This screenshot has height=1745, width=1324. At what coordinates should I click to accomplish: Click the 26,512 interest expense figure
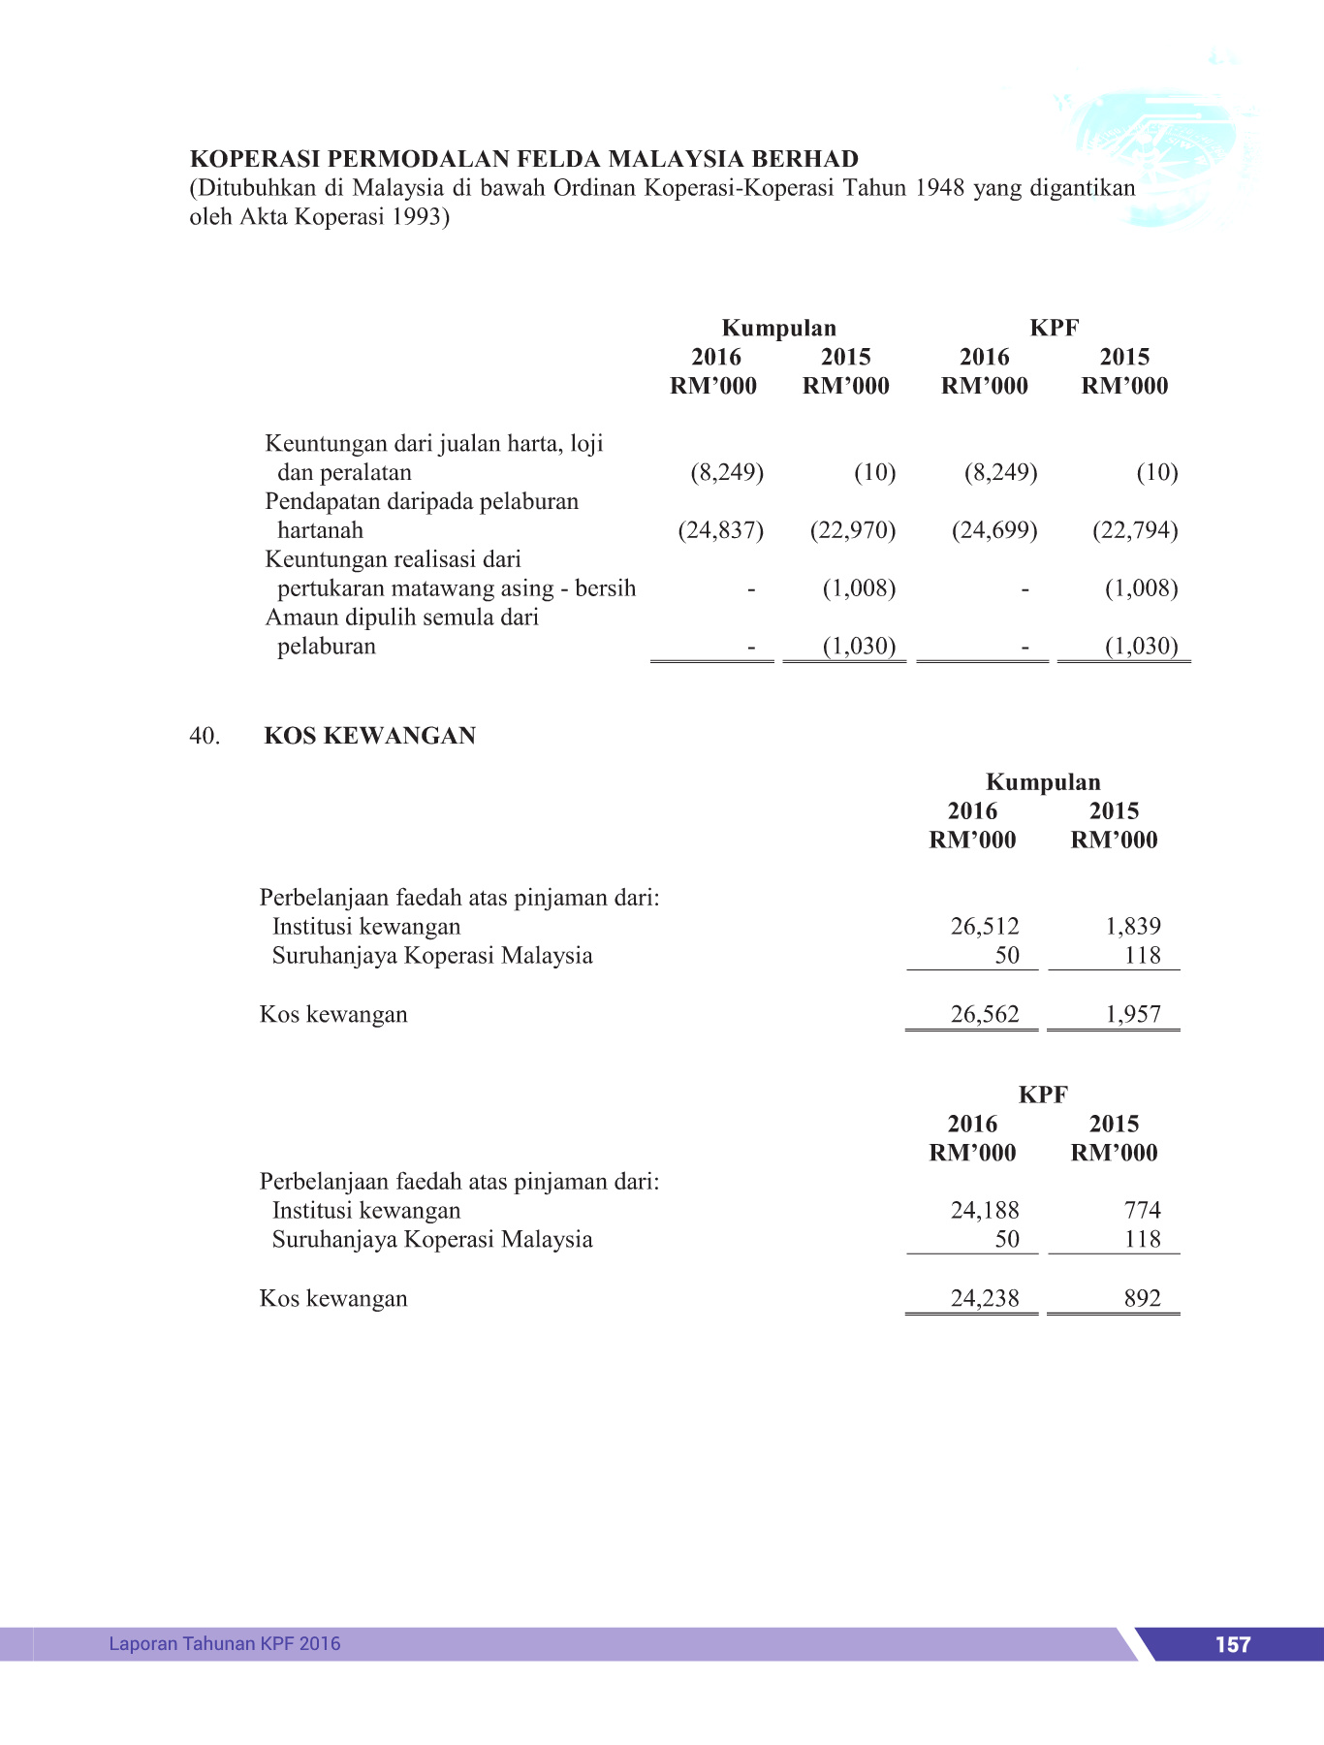pyautogui.click(x=984, y=927)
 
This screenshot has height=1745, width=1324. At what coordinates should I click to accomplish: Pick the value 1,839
pyautogui.click(x=1132, y=927)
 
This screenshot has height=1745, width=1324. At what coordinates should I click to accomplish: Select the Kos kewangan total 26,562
pyautogui.click(x=984, y=1015)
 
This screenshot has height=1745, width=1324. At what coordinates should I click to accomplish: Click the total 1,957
pyautogui.click(x=1132, y=1015)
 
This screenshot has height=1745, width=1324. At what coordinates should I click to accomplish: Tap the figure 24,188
pyautogui.click(x=984, y=1211)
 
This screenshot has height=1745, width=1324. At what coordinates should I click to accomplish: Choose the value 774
pyautogui.click(x=1142, y=1211)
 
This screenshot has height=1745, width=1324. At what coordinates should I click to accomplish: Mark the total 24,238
pyautogui.click(x=984, y=1299)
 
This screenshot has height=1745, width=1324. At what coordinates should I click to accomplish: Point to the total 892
pyautogui.click(x=1142, y=1299)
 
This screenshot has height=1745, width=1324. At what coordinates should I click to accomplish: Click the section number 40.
pyautogui.click(x=205, y=737)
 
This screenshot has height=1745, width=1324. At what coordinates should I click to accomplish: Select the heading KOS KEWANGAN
pyautogui.click(x=369, y=737)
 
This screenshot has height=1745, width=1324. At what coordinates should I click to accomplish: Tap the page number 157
pyautogui.click(x=1232, y=1645)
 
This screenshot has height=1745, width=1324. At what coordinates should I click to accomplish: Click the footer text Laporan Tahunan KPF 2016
pyautogui.click(x=225, y=1644)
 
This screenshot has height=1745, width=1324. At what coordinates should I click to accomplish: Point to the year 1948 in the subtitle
pyautogui.click(x=939, y=188)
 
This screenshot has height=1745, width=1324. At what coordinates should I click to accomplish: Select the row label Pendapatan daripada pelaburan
pyautogui.click(x=422, y=502)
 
